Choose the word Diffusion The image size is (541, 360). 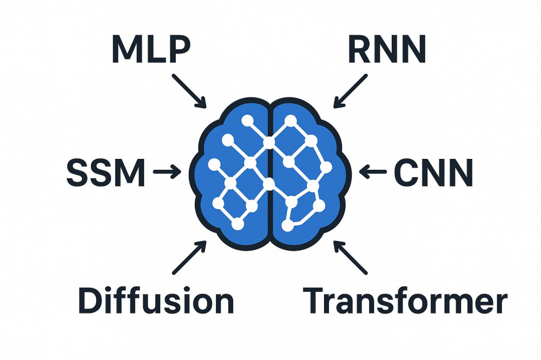(x=156, y=301)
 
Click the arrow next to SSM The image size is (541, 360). (x=167, y=172)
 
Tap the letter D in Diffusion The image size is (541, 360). (x=90, y=301)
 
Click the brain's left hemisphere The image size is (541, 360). (x=216, y=205)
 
